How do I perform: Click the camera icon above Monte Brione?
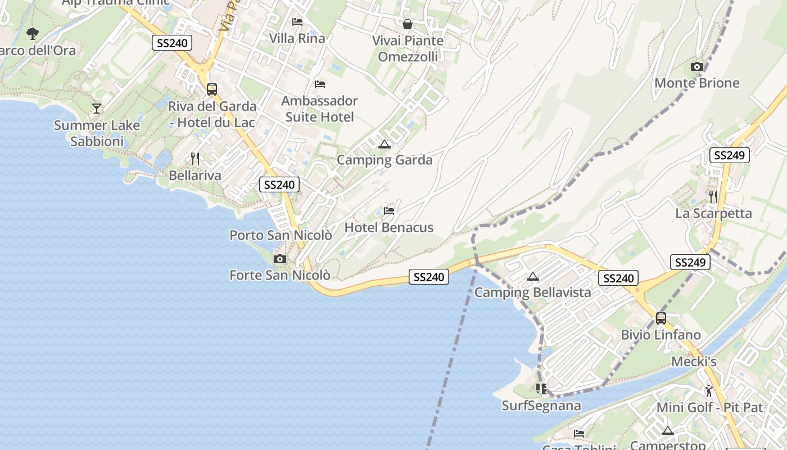coord(697,67)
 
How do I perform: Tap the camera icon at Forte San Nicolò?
coord(279,259)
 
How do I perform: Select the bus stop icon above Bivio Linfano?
coord(661,318)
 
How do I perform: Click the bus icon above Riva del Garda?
coord(212,89)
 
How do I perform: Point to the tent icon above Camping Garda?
coord(385,144)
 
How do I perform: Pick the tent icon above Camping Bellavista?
coord(533,276)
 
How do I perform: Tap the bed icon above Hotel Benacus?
coord(389,211)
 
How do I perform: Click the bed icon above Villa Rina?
coord(297,22)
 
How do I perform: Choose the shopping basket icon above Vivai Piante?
coord(408,24)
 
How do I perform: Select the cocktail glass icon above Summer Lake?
coord(97,109)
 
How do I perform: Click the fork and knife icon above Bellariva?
coord(195,159)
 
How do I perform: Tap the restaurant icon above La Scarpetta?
coord(713,197)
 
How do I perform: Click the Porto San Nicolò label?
coord(281,235)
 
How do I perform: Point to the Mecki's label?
coord(694,362)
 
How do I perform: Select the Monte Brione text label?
coord(697,83)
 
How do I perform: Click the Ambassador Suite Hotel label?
coord(319,109)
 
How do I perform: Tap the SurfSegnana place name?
coord(541,406)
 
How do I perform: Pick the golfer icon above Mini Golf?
coord(709,390)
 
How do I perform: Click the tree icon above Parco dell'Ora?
coord(33,34)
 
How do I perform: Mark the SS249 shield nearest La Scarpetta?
coord(730,156)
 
